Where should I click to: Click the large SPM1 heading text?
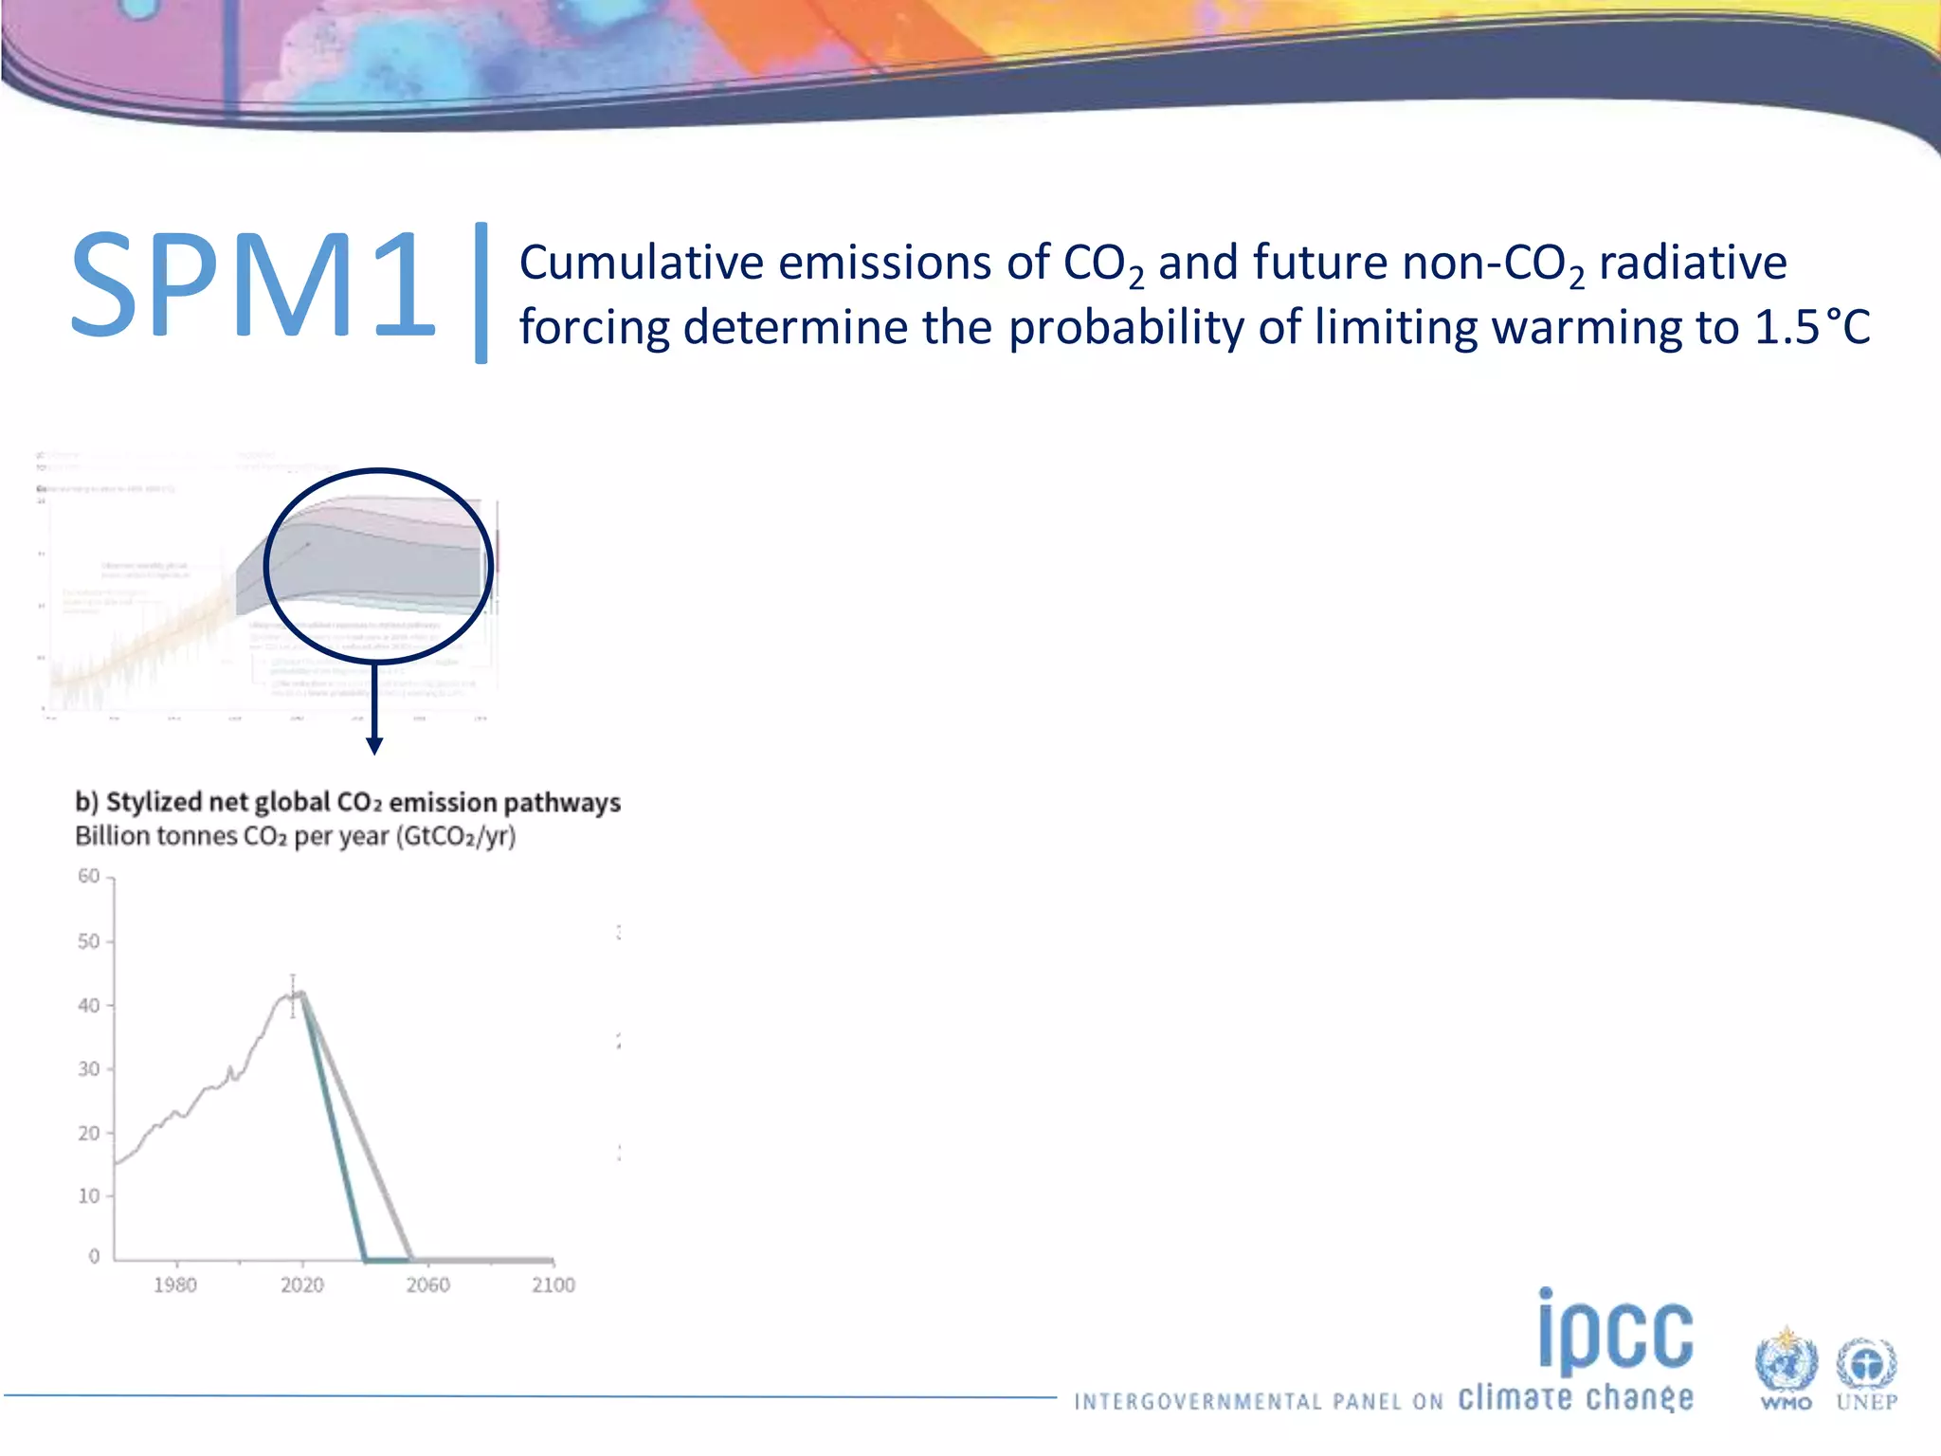click(252, 284)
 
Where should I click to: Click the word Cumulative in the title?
click(641, 263)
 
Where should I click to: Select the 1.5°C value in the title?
click(1811, 327)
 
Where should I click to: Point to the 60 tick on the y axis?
click(88, 876)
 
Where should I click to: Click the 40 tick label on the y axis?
click(88, 1005)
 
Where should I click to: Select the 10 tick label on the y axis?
click(88, 1195)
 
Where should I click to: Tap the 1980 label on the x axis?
click(175, 1285)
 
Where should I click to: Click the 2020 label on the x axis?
click(301, 1285)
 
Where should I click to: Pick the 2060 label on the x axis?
click(428, 1285)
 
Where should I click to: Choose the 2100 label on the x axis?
click(553, 1285)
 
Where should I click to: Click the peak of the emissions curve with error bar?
click(294, 993)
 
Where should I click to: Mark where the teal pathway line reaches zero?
click(365, 1259)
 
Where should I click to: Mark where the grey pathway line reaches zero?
click(410, 1259)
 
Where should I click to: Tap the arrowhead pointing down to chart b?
click(374, 746)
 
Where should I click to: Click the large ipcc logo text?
click(1615, 1332)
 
